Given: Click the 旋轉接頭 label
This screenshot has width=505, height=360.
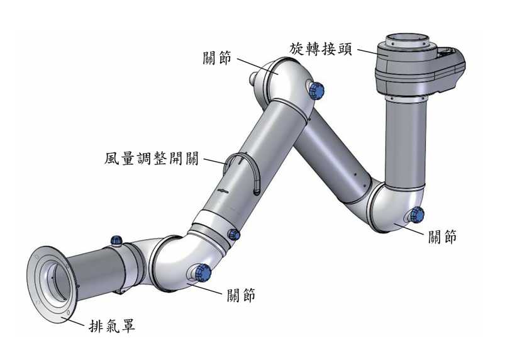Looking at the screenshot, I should click(x=321, y=48).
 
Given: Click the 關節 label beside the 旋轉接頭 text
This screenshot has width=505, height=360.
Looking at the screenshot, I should click(x=218, y=59).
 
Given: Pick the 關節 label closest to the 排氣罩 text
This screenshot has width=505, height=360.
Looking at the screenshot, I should click(x=241, y=294).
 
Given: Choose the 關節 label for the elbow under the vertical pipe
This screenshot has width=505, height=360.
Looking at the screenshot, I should click(x=442, y=237).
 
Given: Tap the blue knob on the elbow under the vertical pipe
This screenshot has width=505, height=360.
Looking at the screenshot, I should click(x=416, y=215).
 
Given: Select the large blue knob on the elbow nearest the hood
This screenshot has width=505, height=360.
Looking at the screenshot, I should click(x=203, y=273).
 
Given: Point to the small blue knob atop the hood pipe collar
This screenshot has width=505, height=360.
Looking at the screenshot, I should click(x=116, y=240).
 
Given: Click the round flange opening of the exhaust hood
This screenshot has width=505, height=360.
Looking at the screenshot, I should click(x=50, y=284).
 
